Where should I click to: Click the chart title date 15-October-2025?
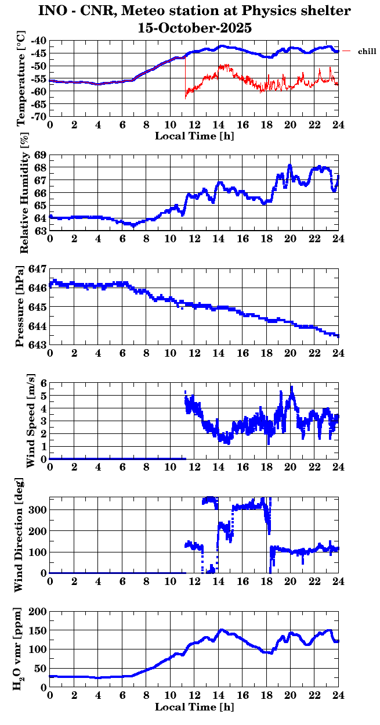tap(194, 27)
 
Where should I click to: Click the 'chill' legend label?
tap(367, 52)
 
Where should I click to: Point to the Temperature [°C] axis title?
tap(21, 78)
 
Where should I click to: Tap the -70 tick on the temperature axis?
tap(38, 116)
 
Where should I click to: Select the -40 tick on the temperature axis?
tap(38, 41)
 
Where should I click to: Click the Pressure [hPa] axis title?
tap(21, 307)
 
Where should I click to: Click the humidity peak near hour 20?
tap(290, 166)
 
